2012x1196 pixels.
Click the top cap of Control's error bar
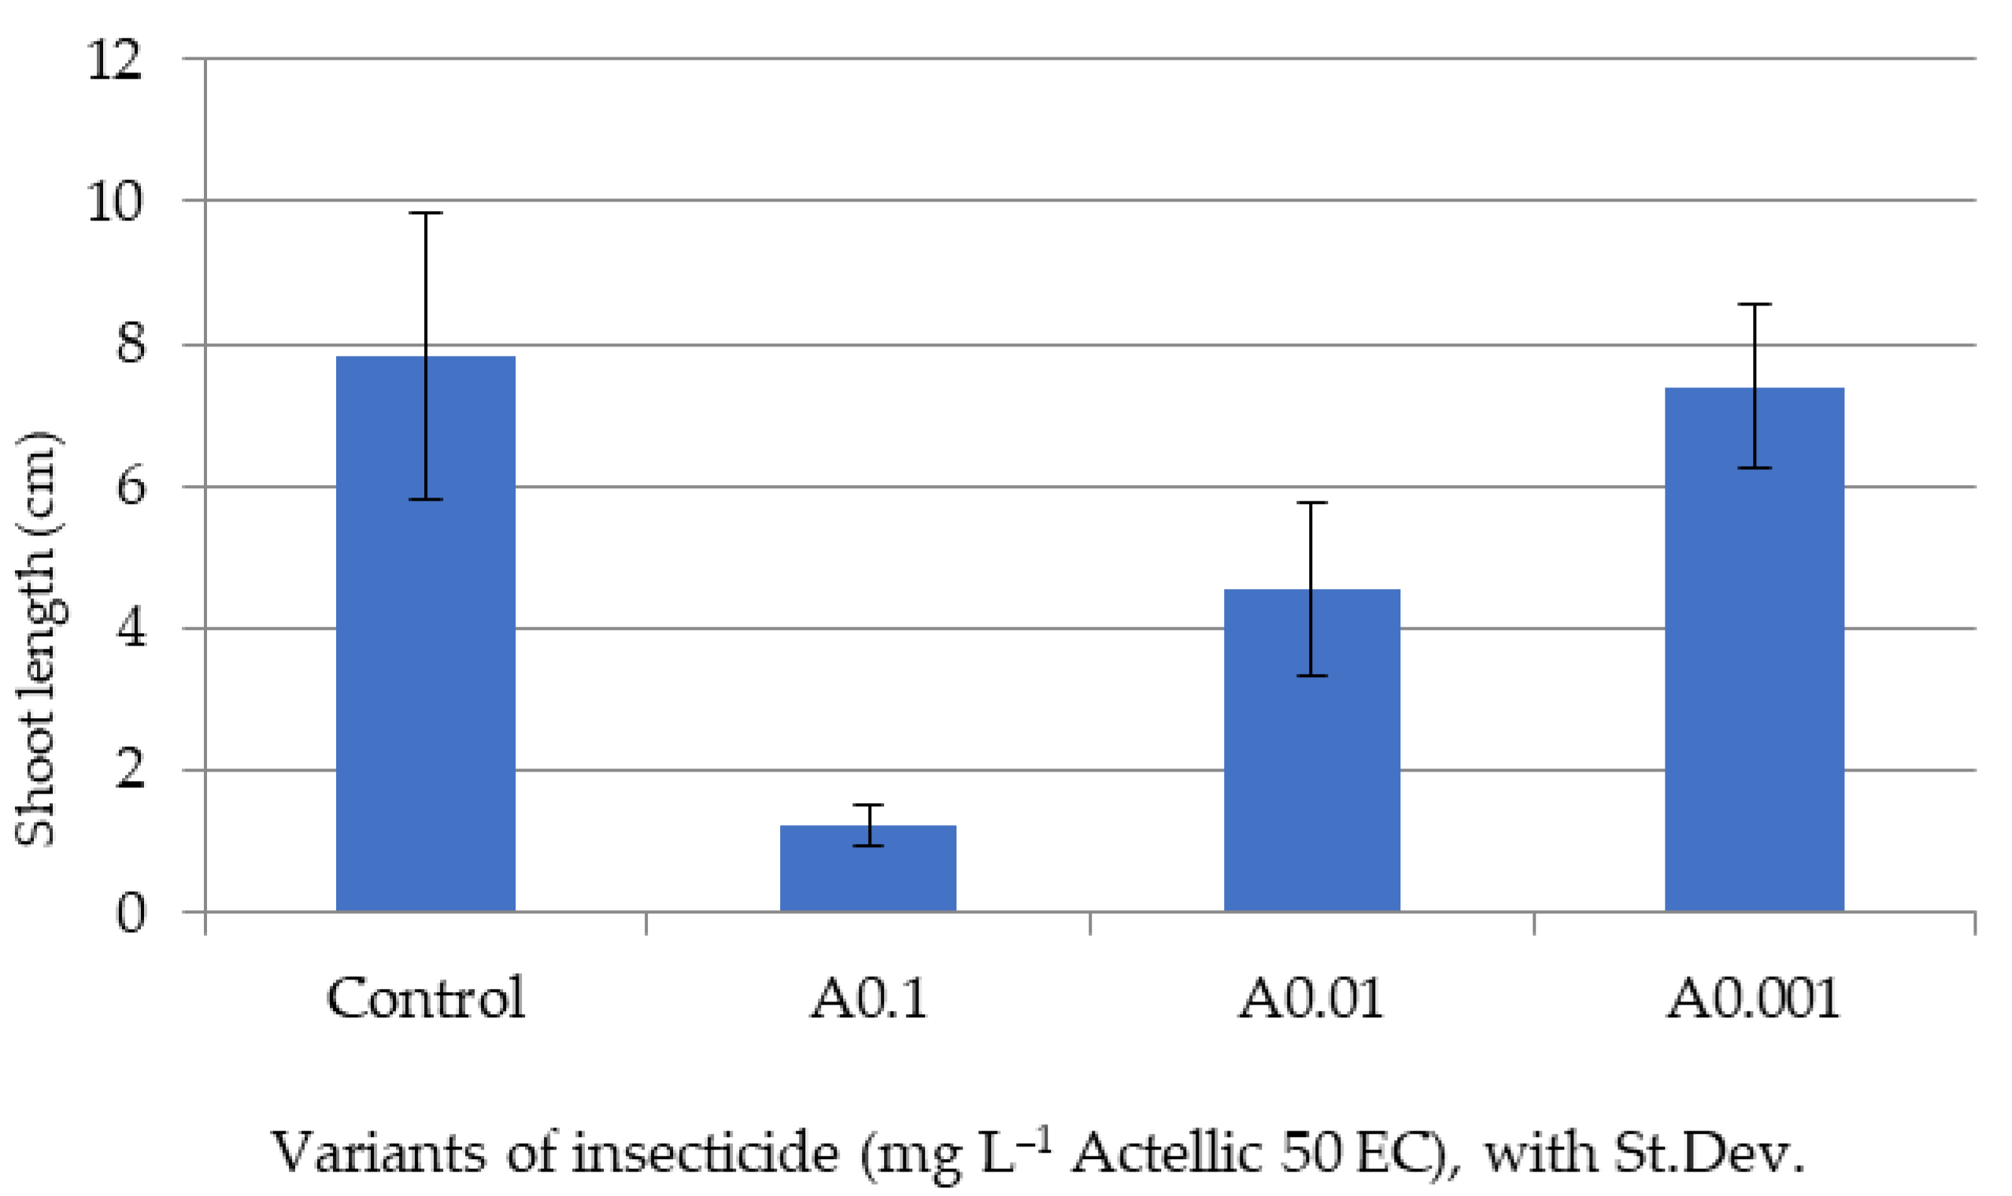point(425,213)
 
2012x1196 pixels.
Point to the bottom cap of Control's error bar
point(425,499)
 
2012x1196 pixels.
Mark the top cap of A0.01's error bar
point(1311,503)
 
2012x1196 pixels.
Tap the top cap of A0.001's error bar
point(1754,305)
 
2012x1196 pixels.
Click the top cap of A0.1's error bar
point(867,805)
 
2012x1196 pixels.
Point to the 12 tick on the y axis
point(114,60)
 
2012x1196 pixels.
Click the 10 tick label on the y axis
point(114,202)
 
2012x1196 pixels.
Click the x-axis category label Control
point(425,998)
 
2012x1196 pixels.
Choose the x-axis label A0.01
point(1311,998)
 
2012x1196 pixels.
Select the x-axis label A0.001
point(1753,998)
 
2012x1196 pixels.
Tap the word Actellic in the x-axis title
point(1166,1153)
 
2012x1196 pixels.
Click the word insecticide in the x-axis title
point(706,1153)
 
